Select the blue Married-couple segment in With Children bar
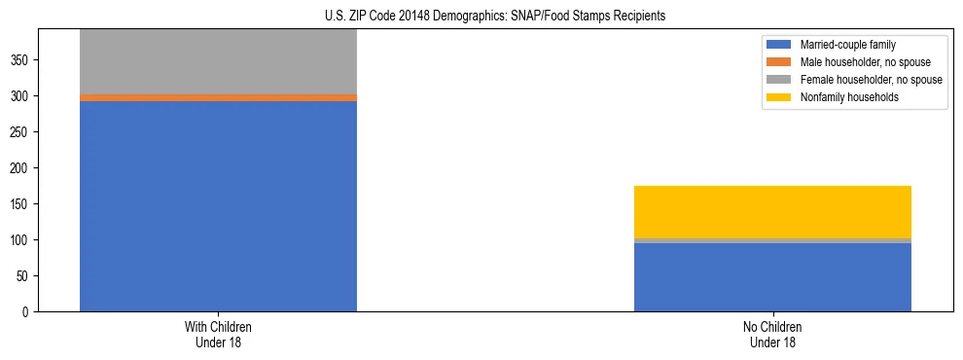(x=218, y=205)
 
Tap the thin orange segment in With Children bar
(x=218, y=97)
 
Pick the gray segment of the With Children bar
(x=218, y=61)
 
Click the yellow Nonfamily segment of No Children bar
(x=772, y=211)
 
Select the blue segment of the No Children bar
(x=772, y=277)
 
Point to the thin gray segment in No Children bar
(x=772, y=240)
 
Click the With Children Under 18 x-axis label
(x=218, y=335)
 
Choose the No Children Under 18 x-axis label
(x=772, y=335)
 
